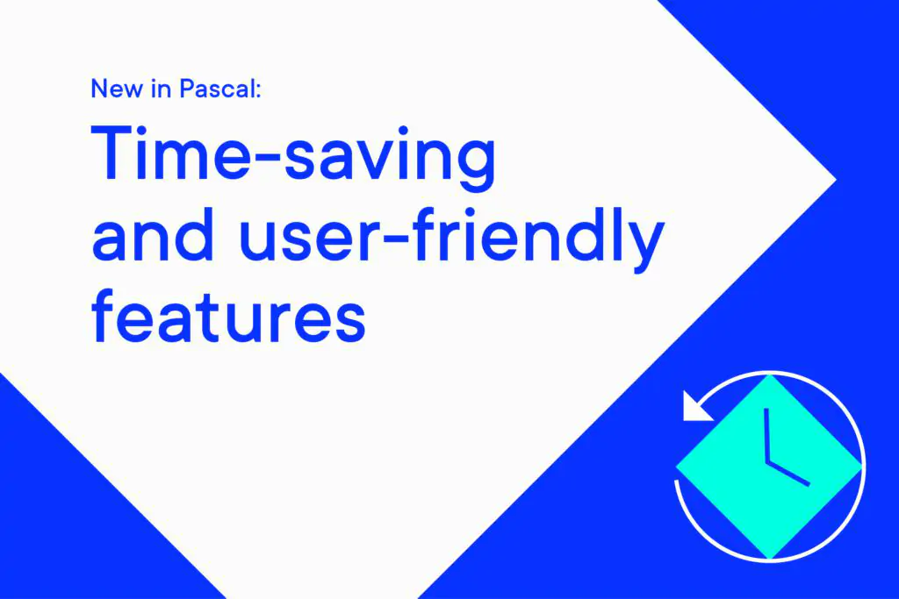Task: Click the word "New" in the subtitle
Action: click(113, 89)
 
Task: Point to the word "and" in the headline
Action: click(152, 239)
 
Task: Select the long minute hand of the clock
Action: click(766, 435)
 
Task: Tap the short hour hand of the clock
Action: click(788, 474)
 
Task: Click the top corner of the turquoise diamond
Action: click(770, 377)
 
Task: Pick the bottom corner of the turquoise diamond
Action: click(770, 556)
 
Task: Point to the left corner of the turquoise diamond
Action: click(678, 467)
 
